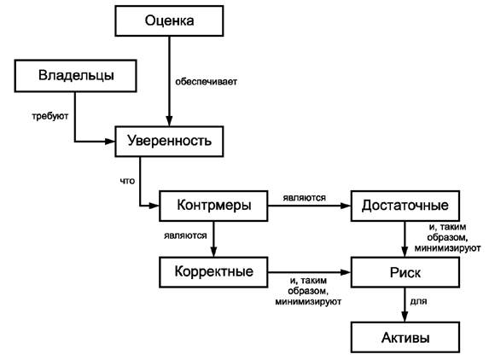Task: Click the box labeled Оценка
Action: point(169,20)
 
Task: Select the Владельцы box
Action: point(75,76)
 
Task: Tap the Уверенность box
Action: point(169,142)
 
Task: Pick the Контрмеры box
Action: point(213,206)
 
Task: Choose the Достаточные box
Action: point(405,206)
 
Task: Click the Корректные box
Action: point(213,272)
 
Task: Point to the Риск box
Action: point(405,272)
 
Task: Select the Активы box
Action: point(405,337)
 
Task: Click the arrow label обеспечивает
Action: point(207,82)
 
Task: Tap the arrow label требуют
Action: point(49,116)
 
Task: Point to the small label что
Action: point(127,181)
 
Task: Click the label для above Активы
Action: point(418,302)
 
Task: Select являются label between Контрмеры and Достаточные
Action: point(305,198)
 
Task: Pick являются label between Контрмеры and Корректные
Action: point(185,235)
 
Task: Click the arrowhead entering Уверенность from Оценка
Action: point(169,121)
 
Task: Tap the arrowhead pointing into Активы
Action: point(405,316)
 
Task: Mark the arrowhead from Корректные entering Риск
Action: point(346,272)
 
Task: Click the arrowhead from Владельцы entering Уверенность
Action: point(109,142)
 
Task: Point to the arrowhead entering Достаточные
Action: point(346,206)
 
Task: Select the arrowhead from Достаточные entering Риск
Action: point(405,252)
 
